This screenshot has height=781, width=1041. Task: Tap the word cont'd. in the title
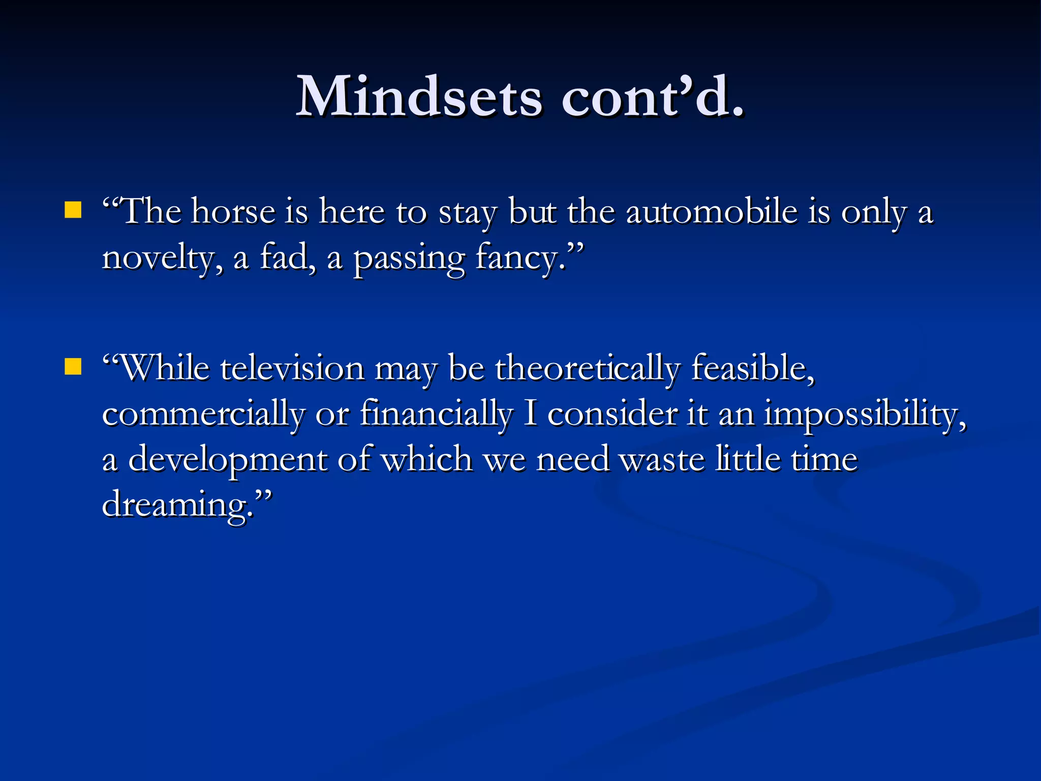[x=653, y=97]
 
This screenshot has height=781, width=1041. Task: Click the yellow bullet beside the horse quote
[x=73, y=210]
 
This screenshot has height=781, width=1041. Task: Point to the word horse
[x=233, y=212]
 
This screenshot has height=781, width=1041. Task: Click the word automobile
[x=712, y=212]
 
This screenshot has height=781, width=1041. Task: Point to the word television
[x=292, y=368]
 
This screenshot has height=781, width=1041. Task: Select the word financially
[x=436, y=414]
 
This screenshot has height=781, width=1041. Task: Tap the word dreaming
[x=178, y=505]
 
